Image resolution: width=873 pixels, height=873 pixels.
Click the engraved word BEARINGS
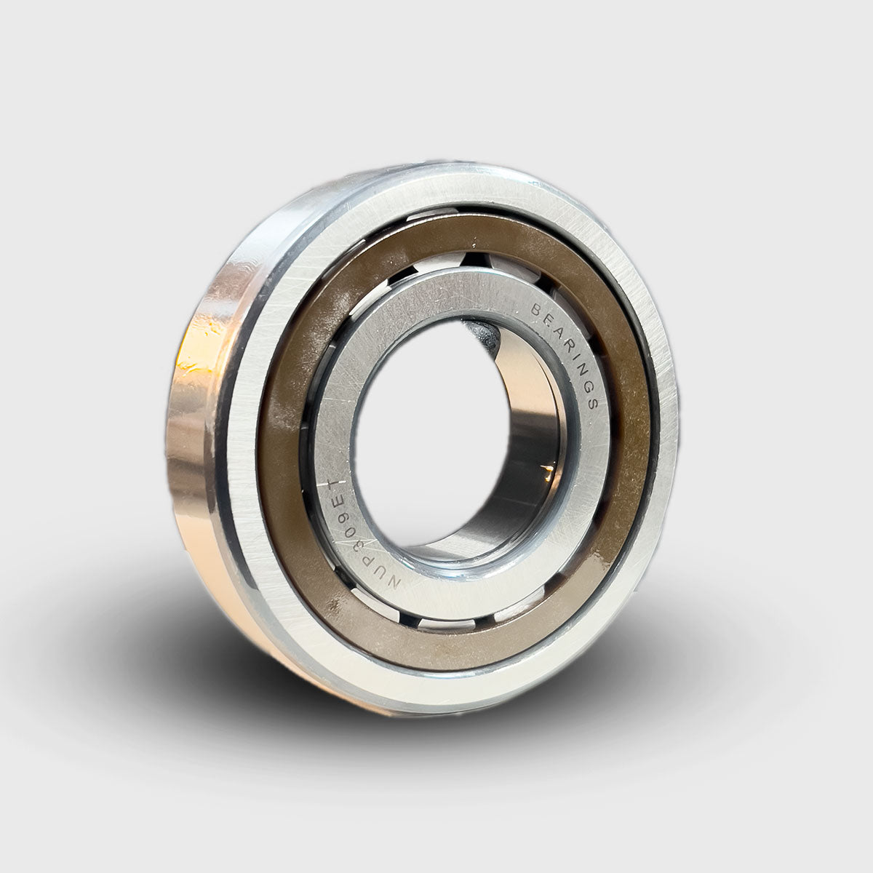click(x=567, y=353)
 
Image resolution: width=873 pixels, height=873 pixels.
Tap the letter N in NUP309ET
click(x=392, y=581)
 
